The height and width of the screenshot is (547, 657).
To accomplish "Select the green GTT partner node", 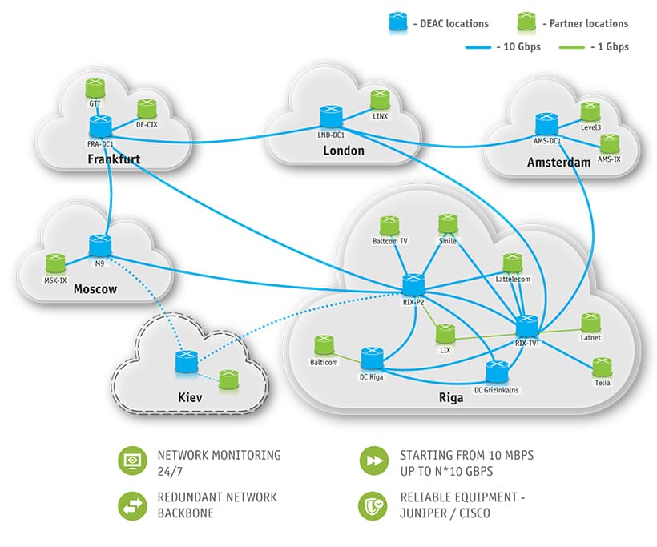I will (95, 88).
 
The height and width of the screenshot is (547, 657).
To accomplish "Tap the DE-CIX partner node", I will (146, 109).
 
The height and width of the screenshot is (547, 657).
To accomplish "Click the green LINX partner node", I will (380, 100).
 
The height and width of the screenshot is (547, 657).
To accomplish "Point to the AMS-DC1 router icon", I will (547, 124).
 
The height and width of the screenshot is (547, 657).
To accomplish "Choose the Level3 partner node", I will (590, 111).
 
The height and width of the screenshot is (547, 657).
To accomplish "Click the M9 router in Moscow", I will (100, 245).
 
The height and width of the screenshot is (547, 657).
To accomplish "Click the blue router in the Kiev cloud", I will (186, 361).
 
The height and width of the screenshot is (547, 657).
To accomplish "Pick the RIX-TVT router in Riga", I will (526, 326).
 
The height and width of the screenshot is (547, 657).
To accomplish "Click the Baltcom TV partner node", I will (389, 225).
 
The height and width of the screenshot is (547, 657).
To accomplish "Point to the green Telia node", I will (603, 368).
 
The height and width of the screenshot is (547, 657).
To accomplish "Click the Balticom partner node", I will (324, 345).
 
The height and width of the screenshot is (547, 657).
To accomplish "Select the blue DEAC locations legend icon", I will (397, 22).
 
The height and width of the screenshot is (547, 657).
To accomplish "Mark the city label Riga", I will (451, 397).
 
